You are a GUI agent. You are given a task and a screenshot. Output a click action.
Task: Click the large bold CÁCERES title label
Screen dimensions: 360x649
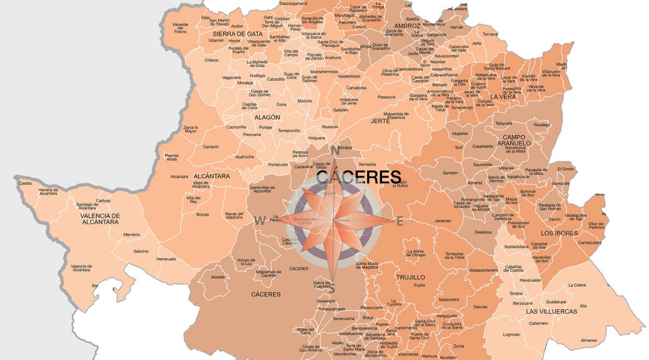click(358, 177)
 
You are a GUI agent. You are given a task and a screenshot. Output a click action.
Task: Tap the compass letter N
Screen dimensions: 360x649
click(335, 151)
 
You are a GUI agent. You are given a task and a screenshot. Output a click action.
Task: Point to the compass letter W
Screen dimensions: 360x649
click(259, 220)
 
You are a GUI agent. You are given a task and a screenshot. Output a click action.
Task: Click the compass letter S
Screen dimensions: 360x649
click(332, 289)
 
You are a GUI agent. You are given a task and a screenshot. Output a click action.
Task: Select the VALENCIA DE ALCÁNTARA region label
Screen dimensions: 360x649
click(100, 219)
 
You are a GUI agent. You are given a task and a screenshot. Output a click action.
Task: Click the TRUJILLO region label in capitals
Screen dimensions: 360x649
click(410, 276)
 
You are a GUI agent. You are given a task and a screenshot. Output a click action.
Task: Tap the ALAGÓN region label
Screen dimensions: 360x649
click(267, 117)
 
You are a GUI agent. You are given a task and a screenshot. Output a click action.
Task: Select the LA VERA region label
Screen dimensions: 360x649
click(502, 97)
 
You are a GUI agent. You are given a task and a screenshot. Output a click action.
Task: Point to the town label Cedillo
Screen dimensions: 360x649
click(26, 183)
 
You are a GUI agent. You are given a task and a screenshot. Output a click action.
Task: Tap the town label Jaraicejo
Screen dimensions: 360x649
click(443, 221)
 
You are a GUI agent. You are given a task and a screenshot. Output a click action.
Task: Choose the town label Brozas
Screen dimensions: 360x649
click(203, 214)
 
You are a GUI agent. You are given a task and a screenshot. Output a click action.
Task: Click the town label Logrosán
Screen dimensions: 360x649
click(511, 334)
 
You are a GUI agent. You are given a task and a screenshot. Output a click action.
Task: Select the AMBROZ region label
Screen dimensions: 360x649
click(407, 26)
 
